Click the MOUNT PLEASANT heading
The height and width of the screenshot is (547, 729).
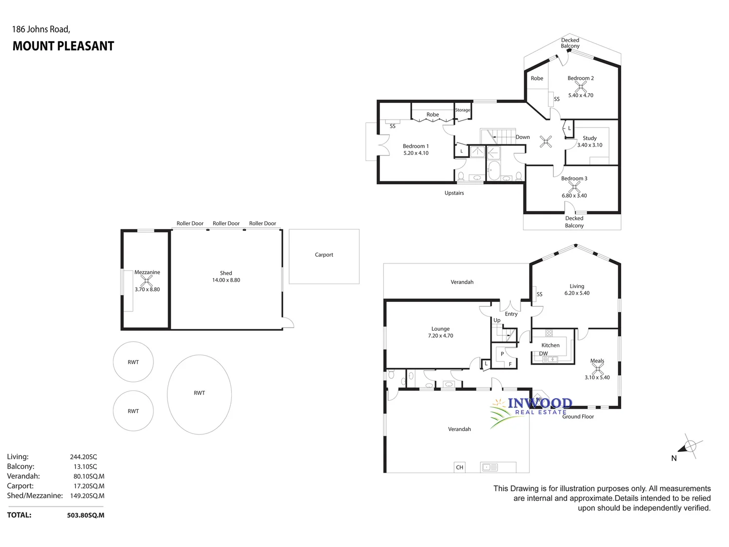63,46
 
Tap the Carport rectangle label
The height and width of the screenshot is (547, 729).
324,255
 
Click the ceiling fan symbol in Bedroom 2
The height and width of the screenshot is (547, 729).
580,87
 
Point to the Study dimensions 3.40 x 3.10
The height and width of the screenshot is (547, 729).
590,145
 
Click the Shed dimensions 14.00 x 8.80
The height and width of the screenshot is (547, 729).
226,280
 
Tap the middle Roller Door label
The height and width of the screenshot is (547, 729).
226,223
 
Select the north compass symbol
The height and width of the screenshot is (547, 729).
689,446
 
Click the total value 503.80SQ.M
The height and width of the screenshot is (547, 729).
86,515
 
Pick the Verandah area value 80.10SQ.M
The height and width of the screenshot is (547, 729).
89,476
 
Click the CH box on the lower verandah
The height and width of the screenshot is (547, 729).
460,467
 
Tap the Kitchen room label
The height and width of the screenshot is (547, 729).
550,345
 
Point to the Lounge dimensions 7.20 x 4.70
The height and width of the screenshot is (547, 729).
440,336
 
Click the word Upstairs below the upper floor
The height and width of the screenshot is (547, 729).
454,193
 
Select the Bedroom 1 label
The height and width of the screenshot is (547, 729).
416,146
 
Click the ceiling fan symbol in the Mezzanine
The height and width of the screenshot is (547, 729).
147,281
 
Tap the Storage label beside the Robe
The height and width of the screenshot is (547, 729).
462,110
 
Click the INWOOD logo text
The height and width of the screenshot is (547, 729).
540,403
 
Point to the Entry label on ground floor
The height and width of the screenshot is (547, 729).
511,314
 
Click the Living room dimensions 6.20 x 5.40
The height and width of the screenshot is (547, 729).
577,293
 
